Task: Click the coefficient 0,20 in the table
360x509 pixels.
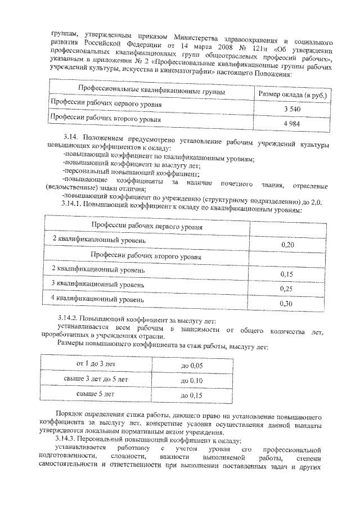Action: click(287, 245)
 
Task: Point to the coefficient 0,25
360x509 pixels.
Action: click(287, 289)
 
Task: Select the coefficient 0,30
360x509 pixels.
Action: click(287, 303)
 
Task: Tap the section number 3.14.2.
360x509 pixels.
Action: click(72, 319)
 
